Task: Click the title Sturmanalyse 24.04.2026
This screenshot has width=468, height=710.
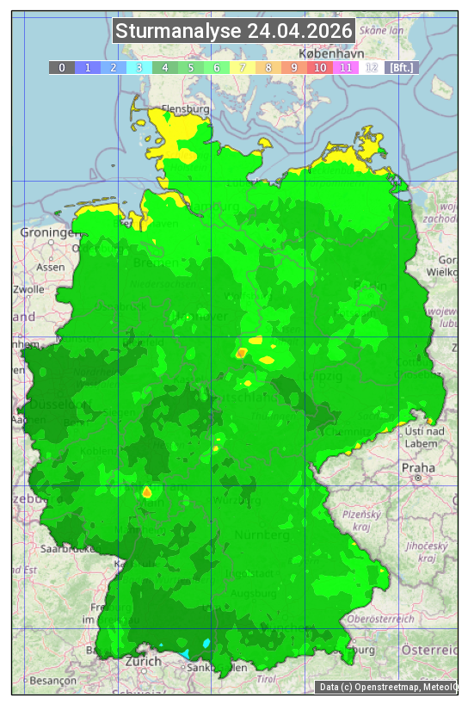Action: pyautogui.click(x=234, y=32)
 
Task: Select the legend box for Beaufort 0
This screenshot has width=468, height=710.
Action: pyautogui.click(x=61, y=67)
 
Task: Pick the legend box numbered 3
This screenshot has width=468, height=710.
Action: pyautogui.click(x=139, y=67)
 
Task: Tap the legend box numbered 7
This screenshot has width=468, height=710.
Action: pyautogui.click(x=243, y=67)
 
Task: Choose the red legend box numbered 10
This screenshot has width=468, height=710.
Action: pyautogui.click(x=319, y=67)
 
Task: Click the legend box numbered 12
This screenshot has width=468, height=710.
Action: pyautogui.click(x=371, y=67)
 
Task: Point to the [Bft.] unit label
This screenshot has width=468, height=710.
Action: pyautogui.click(x=401, y=67)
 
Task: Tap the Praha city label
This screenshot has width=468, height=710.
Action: pyautogui.click(x=418, y=467)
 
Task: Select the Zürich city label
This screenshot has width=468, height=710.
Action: pyautogui.click(x=143, y=661)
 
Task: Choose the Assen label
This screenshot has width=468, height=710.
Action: pyautogui.click(x=51, y=267)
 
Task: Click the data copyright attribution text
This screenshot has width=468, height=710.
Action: pyautogui.click(x=388, y=687)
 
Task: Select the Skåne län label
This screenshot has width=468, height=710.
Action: pyautogui.click(x=382, y=30)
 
